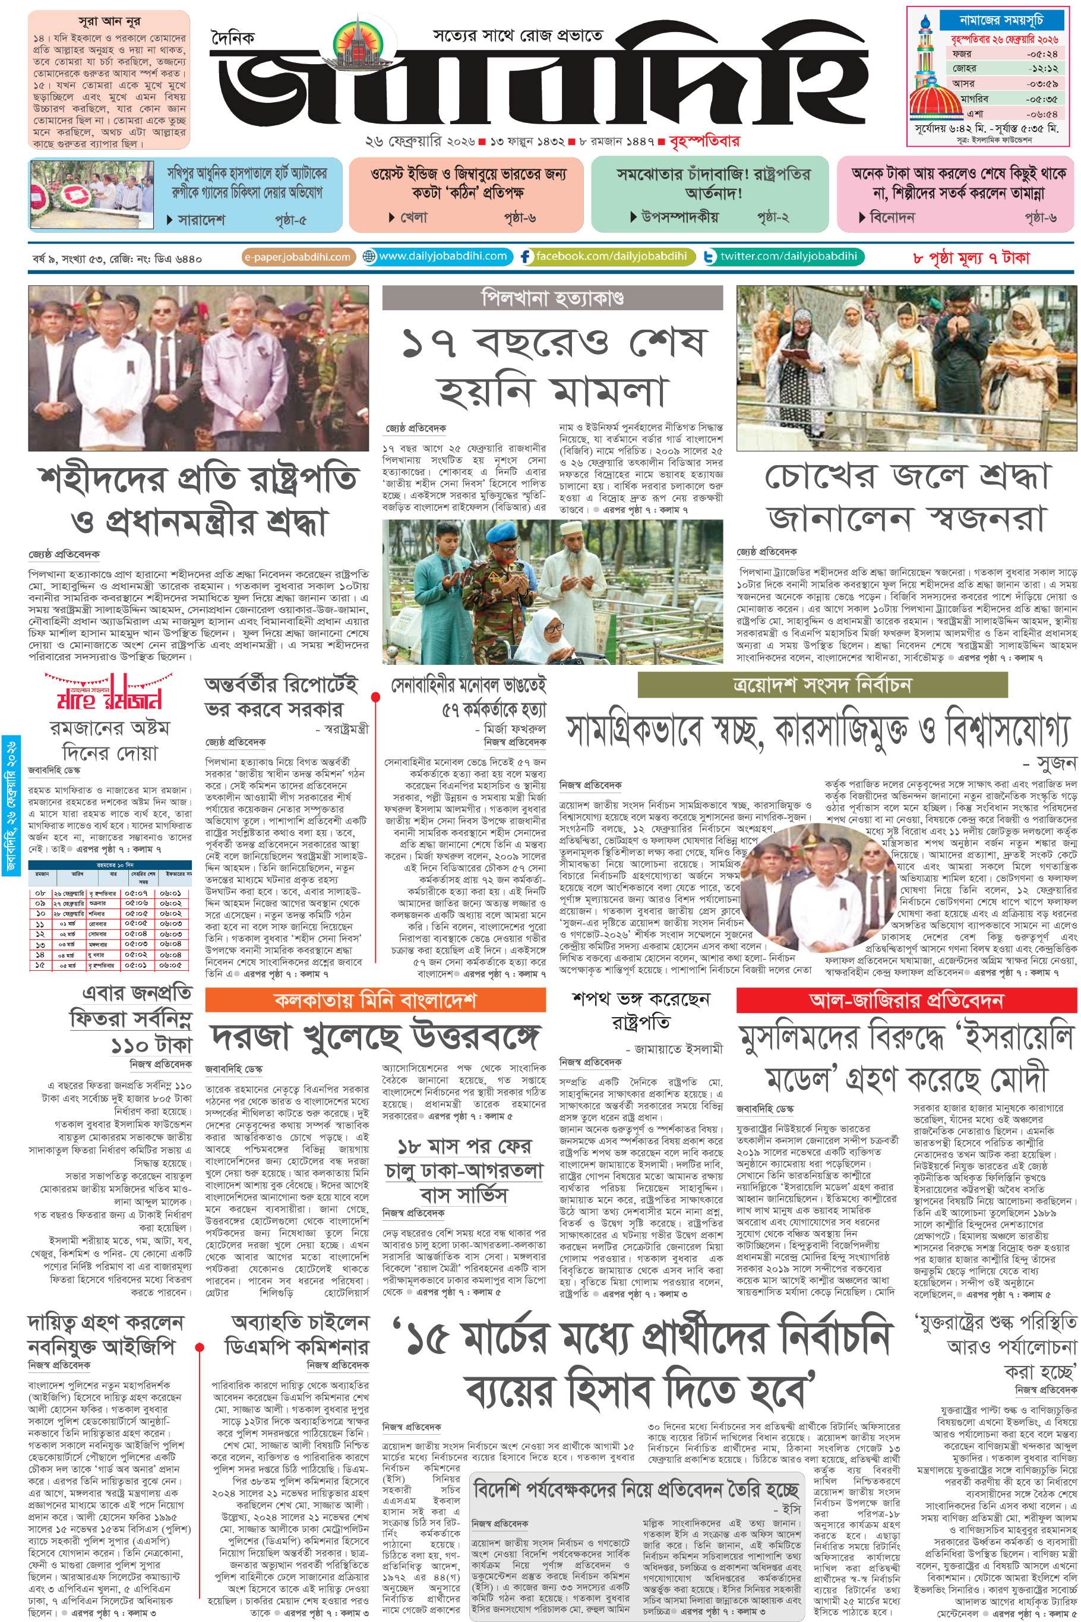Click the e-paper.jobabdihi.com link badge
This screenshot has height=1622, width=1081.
298,257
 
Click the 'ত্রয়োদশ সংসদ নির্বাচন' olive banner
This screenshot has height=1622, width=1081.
822,685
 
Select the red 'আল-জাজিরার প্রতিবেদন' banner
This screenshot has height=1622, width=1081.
906,1001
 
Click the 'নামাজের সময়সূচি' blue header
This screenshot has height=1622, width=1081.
1000,20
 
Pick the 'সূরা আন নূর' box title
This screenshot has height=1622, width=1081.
109,21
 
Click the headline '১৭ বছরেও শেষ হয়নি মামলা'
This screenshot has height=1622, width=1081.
552,366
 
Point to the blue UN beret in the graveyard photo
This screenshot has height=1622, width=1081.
501,535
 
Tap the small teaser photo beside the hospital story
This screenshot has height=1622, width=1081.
91,194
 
